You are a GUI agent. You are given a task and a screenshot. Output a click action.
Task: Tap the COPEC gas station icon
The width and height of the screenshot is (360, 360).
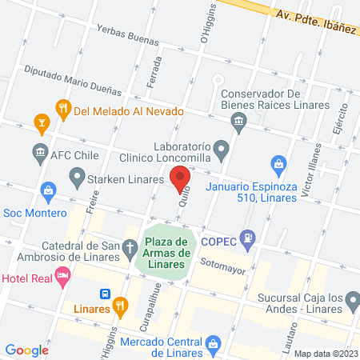pos(250,238)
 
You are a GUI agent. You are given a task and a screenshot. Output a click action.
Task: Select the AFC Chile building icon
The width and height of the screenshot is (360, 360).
pos(40,151)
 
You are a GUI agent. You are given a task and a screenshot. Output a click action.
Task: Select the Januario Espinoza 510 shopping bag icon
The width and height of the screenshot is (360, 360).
pos(278,166)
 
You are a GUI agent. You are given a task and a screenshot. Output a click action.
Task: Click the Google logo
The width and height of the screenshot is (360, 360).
pos(27,350)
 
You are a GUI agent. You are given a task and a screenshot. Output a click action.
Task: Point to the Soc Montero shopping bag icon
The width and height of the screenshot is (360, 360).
pos(48,190)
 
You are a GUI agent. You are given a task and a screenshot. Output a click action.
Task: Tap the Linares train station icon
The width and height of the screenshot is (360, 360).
pos(105,294)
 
